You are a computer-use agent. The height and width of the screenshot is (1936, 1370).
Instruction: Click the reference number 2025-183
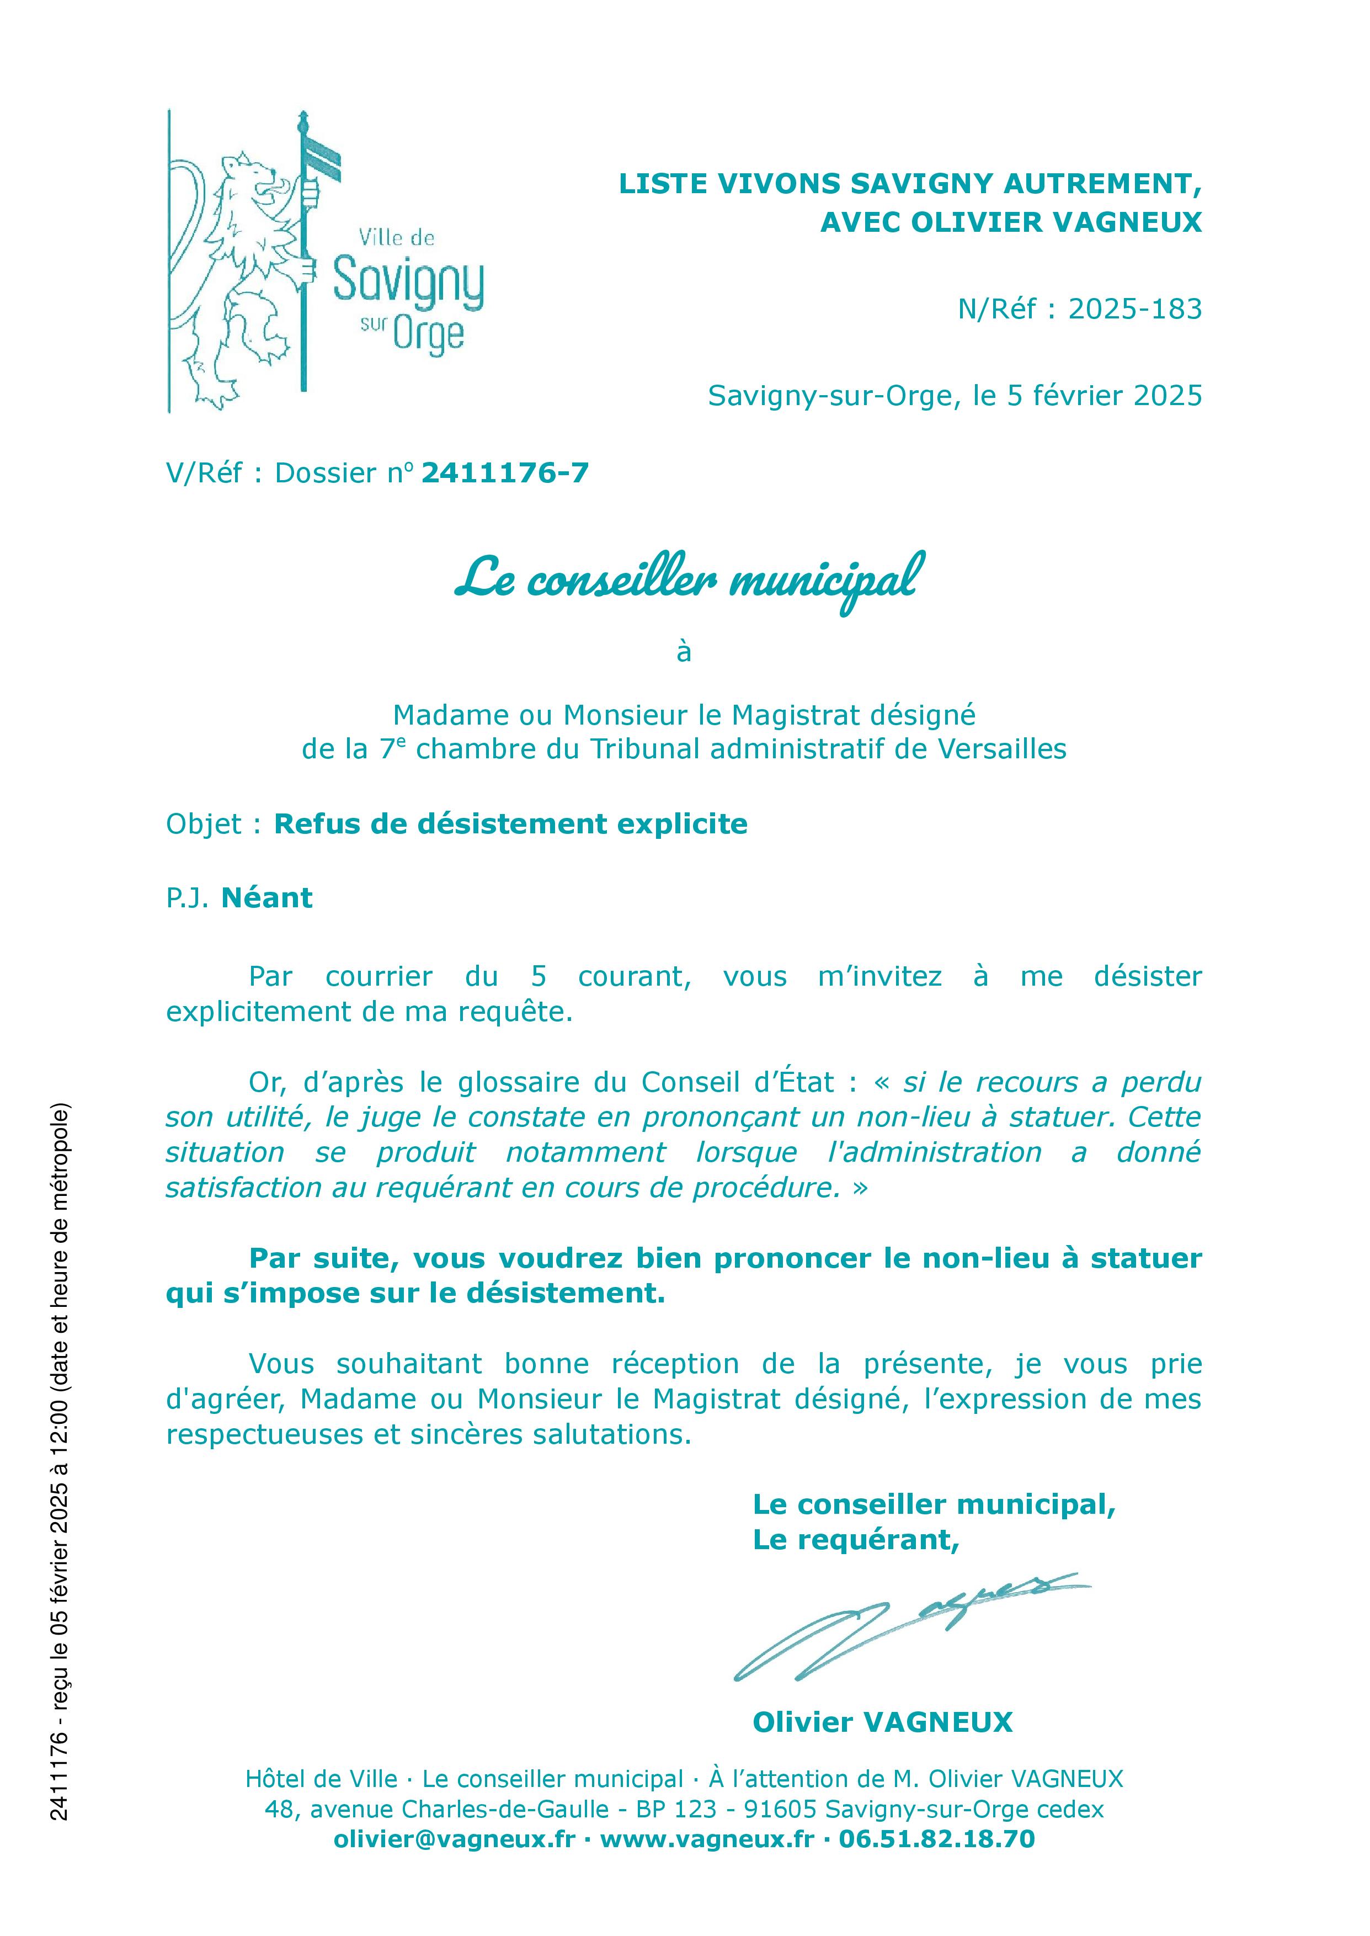tap(1134, 310)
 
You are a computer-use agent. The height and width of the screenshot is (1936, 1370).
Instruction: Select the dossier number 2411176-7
tap(504, 474)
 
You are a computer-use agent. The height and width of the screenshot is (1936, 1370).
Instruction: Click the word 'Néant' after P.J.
tap(266, 897)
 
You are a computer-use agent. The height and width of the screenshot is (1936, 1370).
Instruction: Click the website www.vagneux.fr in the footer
tap(707, 1838)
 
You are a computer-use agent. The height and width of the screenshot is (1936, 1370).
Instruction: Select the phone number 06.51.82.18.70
tap(936, 1838)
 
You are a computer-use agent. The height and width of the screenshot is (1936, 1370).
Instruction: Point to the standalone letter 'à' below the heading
tap(684, 652)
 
